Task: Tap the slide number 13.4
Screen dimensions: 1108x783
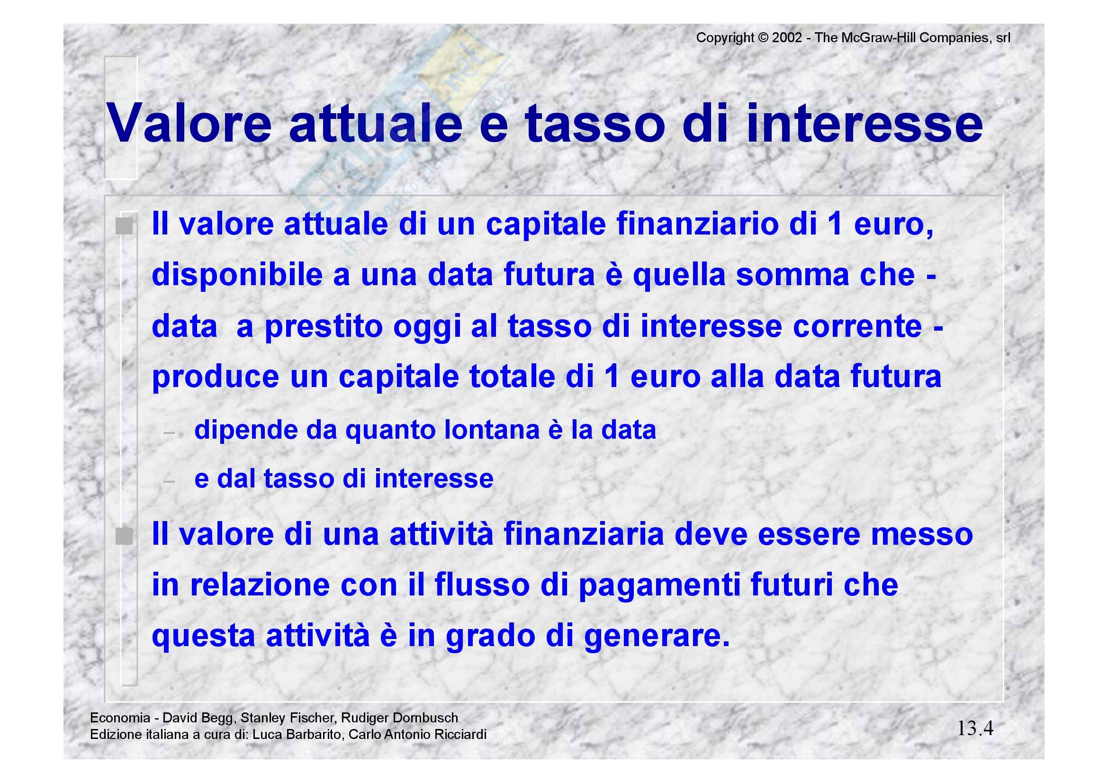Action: click(x=975, y=728)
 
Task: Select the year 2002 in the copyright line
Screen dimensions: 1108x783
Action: click(x=787, y=37)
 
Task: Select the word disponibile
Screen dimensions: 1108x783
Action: click(x=237, y=275)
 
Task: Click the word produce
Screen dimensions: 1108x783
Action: click(x=215, y=377)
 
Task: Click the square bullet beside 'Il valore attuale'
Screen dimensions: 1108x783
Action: click(x=124, y=225)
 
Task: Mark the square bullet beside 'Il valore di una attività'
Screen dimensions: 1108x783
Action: click(x=124, y=536)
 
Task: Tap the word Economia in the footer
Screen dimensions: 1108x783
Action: click(x=120, y=718)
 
